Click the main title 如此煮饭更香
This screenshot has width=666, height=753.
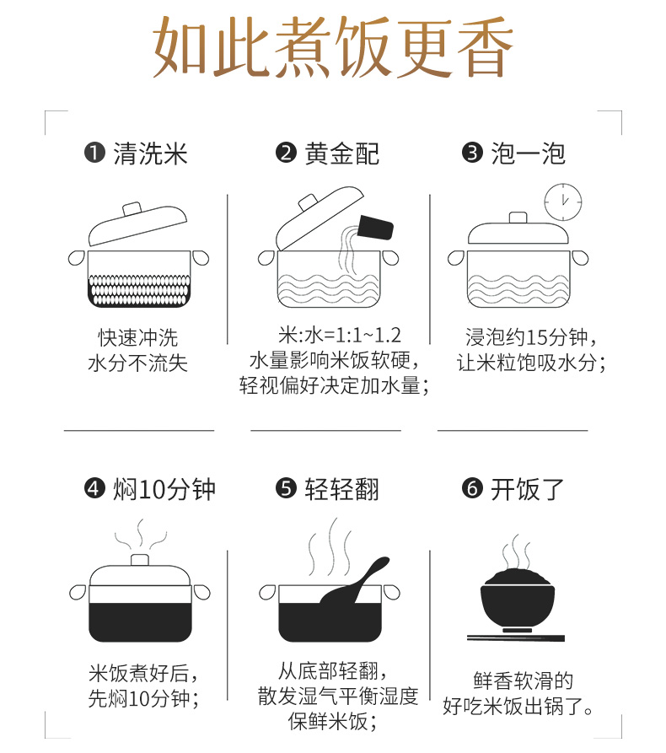(333, 47)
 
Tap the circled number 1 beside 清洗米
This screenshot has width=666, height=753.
(94, 153)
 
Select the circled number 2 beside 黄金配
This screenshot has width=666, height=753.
(286, 153)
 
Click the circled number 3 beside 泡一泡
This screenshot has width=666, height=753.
(472, 153)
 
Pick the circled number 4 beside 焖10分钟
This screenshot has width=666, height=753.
(94, 489)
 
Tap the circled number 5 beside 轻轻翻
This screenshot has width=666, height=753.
(286, 489)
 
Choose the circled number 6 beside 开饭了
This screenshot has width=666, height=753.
(472, 489)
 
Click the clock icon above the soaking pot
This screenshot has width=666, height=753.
(563, 202)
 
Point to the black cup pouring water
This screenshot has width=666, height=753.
(375, 227)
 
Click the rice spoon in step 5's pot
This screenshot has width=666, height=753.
(355, 582)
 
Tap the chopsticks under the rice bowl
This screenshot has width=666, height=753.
(516, 638)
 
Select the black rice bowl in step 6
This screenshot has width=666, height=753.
(517, 600)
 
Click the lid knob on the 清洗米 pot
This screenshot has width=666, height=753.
(132, 209)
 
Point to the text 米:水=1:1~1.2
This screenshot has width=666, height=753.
(340, 336)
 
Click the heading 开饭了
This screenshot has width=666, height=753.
(527, 489)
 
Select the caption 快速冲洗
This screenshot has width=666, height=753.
(138, 337)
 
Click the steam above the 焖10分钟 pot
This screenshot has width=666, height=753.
(140, 535)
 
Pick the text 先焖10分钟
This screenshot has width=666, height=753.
(139, 698)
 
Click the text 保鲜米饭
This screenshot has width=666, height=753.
(328, 721)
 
